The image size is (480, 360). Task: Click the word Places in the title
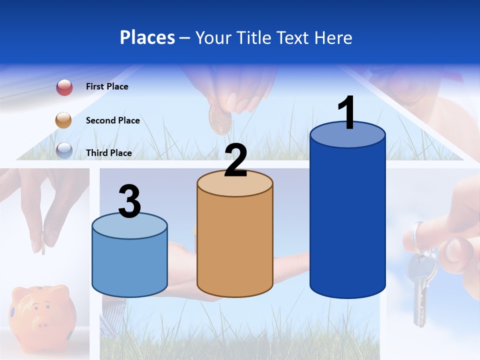(147, 37)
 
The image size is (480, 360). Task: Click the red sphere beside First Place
(64, 87)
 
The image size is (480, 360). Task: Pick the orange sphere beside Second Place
(64, 120)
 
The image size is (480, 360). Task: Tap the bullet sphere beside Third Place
(64, 150)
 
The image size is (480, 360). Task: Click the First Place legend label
(107, 86)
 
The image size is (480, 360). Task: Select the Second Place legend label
(112, 120)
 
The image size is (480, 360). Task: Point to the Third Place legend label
(109, 153)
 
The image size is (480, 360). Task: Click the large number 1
(347, 113)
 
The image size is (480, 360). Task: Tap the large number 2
(235, 160)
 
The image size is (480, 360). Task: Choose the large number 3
(129, 201)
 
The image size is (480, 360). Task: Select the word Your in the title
(214, 37)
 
